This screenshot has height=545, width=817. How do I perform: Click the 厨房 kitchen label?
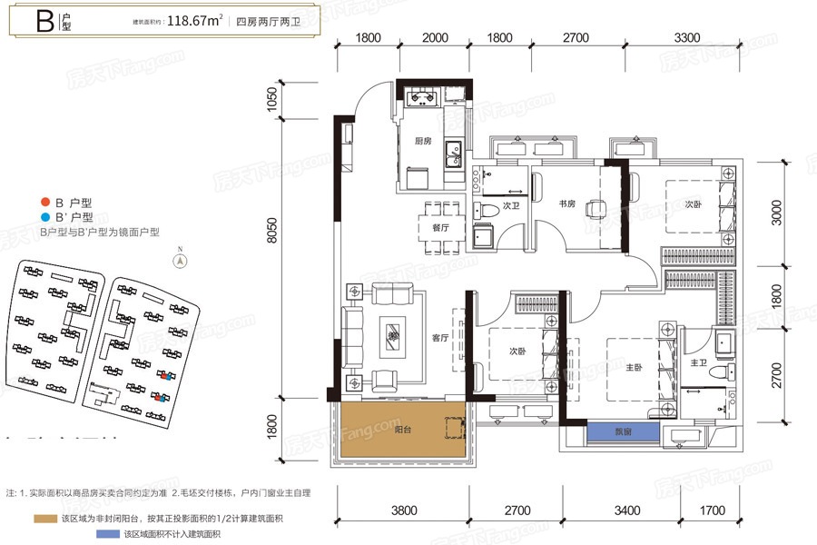[x=422, y=141]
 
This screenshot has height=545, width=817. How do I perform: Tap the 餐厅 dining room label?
[x=440, y=228]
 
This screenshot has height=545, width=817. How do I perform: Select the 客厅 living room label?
[x=441, y=338]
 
